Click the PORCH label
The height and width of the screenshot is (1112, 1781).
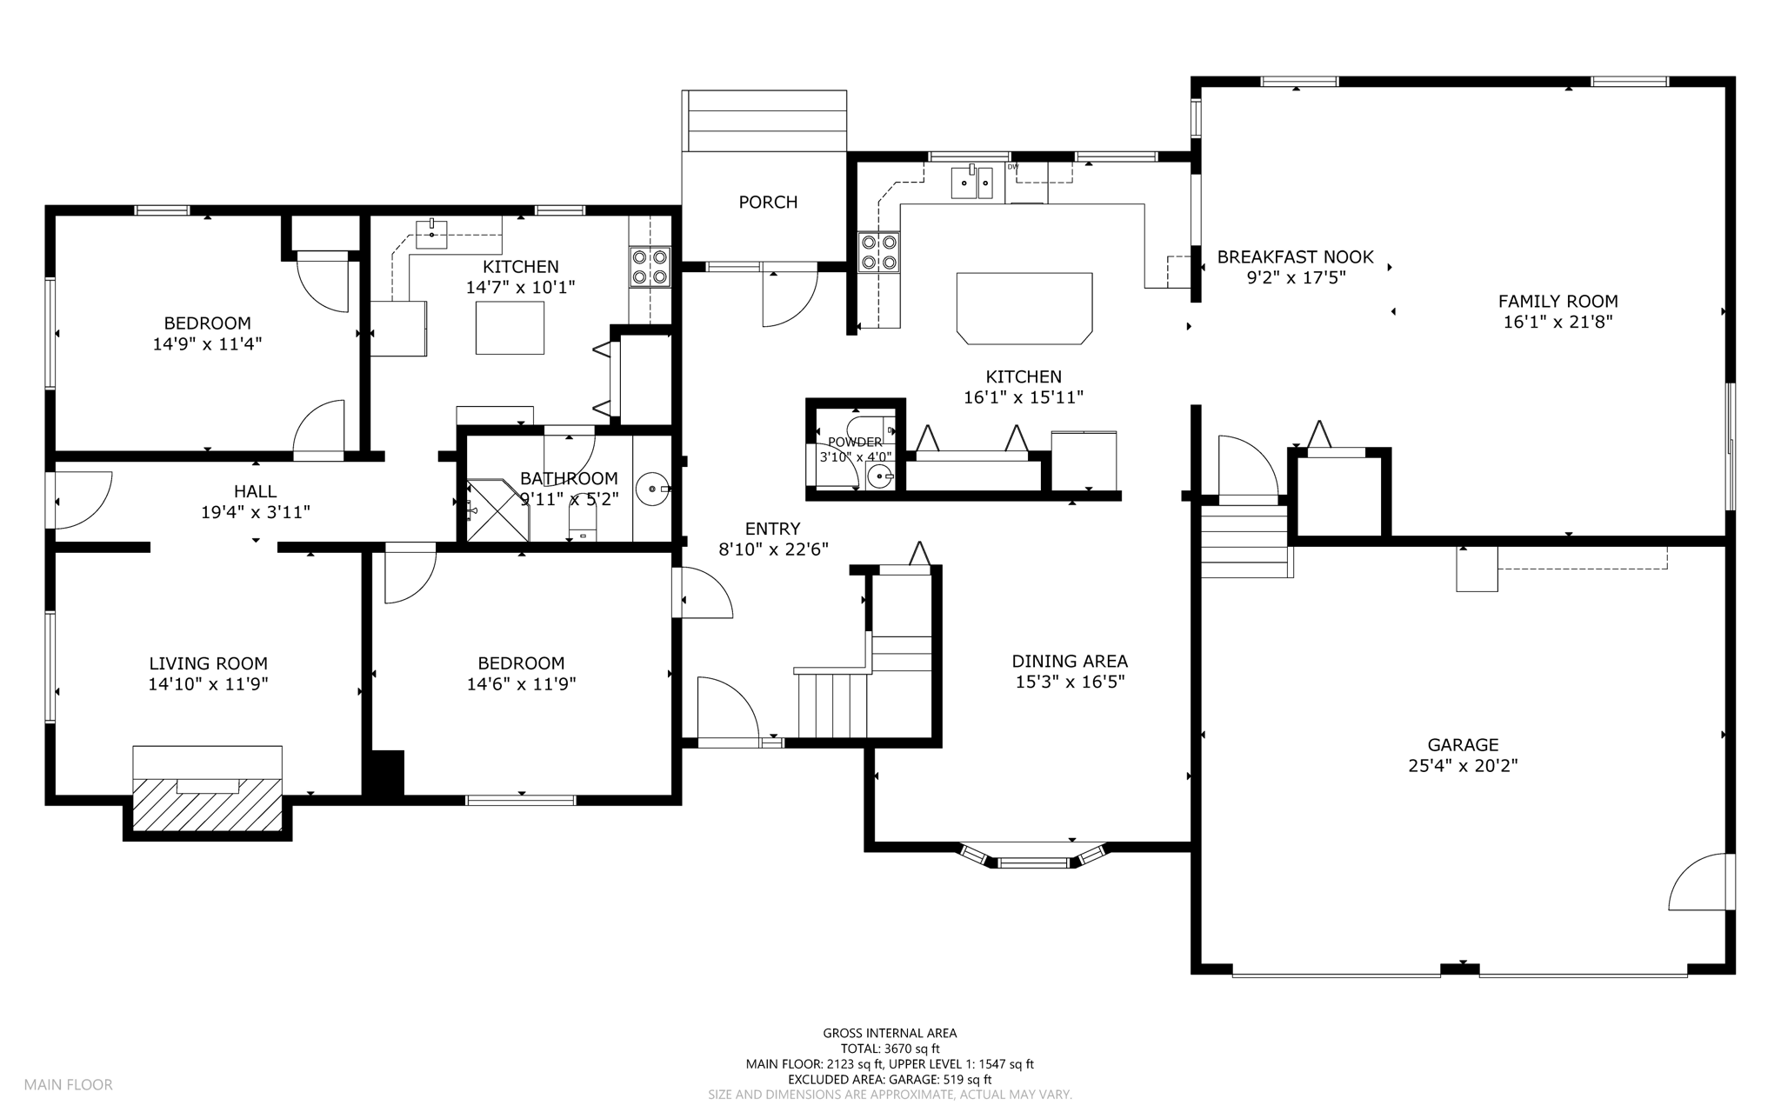pyautogui.click(x=768, y=202)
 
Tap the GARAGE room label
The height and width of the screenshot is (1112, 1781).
pyautogui.click(x=1463, y=745)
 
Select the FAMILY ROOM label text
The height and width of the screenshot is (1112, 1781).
pyautogui.click(x=1558, y=302)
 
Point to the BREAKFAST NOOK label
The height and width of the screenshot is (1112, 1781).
pyautogui.click(x=1295, y=256)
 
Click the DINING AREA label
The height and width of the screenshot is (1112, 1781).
pyautogui.click(x=1070, y=661)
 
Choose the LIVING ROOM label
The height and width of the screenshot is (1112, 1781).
pyautogui.click(x=208, y=663)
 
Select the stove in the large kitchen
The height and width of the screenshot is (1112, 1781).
pyautogui.click(x=878, y=252)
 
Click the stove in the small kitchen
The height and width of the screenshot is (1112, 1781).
pyautogui.click(x=650, y=266)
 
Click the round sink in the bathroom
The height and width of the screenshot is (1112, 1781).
pyautogui.click(x=651, y=489)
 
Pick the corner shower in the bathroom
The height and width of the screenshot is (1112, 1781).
pyautogui.click(x=497, y=510)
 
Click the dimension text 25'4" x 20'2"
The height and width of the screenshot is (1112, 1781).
pyautogui.click(x=1463, y=766)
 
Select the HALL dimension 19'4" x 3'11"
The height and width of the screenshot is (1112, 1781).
pyautogui.click(x=256, y=512)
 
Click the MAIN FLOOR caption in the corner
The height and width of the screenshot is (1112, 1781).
pyautogui.click(x=69, y=1084)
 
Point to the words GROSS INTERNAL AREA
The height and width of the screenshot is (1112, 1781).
pyautogui.click(x=890, y=1033)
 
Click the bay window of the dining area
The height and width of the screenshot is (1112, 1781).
pyautogui.click(x=1033, y=856)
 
